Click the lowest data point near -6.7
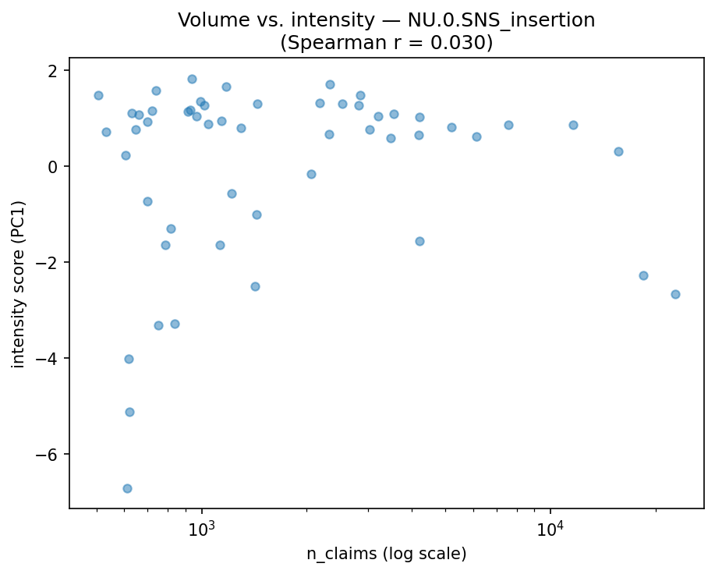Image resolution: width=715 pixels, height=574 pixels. (127, 488)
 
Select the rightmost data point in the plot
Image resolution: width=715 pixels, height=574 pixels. (675, 294)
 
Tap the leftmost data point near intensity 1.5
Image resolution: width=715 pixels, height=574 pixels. (98, 95)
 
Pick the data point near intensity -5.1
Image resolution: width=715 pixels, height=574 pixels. (129, 412)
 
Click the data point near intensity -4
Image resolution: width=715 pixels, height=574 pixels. (129, 359)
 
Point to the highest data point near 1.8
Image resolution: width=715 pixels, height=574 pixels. (192, 79)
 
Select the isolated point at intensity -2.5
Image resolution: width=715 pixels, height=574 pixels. (255, 286)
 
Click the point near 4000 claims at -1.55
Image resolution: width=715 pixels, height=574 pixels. (419, 241)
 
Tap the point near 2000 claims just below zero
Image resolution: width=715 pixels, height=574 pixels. (311, 174)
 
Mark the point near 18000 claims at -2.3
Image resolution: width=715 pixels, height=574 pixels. (643, 275)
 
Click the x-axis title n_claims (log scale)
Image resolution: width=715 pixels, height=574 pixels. (386, 555)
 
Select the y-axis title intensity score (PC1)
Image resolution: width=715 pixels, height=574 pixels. (19, 284)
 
